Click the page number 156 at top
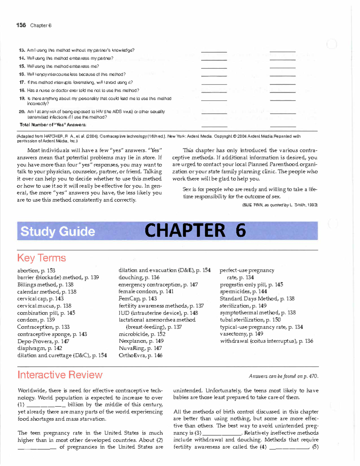click(x=21, y=25)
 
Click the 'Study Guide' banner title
click(x=58, y=231)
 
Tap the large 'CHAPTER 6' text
click(x=195, y=230)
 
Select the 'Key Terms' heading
click(x=41, y=258)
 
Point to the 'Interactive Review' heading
click(x=60, y=375)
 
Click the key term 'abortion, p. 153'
click(x=36, y=270)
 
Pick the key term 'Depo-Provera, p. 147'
click(x=43, y=341)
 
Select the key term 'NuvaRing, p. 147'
click(x=140, y=348)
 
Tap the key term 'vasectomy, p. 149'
click(x=241, y=334)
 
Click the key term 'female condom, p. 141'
click(x=146, y=291)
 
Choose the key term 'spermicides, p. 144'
click(x=243, y=291)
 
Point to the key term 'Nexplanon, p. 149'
click(x=141, y=341)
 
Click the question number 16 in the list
click(x=22, y=74)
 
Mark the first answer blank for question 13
click(x=214, y=51)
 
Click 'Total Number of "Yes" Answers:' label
click(x=53, y=125)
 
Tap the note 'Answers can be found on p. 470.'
click(x=283, y=376)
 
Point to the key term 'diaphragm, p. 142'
click(x=40, y=348)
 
